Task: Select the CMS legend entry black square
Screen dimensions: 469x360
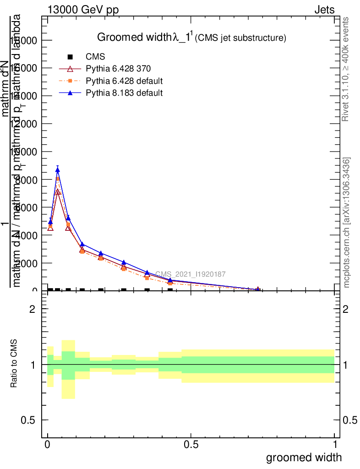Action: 70,57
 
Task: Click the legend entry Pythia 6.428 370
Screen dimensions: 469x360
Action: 118,69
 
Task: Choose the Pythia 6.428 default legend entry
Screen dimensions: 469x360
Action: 124,81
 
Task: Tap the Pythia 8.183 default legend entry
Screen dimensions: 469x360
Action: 124,93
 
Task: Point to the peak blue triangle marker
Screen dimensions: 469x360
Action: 58,169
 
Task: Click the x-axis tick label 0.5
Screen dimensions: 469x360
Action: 191,445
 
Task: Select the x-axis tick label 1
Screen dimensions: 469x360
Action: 335,445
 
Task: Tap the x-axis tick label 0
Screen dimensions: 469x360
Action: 48,445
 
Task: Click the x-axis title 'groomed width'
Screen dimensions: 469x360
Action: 304,457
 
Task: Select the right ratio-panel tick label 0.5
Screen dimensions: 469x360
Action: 350,420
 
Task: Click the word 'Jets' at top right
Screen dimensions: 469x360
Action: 324,10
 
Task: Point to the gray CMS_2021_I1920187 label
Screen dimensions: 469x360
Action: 190,274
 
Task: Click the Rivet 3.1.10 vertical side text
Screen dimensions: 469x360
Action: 346,69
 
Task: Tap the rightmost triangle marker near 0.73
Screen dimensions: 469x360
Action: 258,289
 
